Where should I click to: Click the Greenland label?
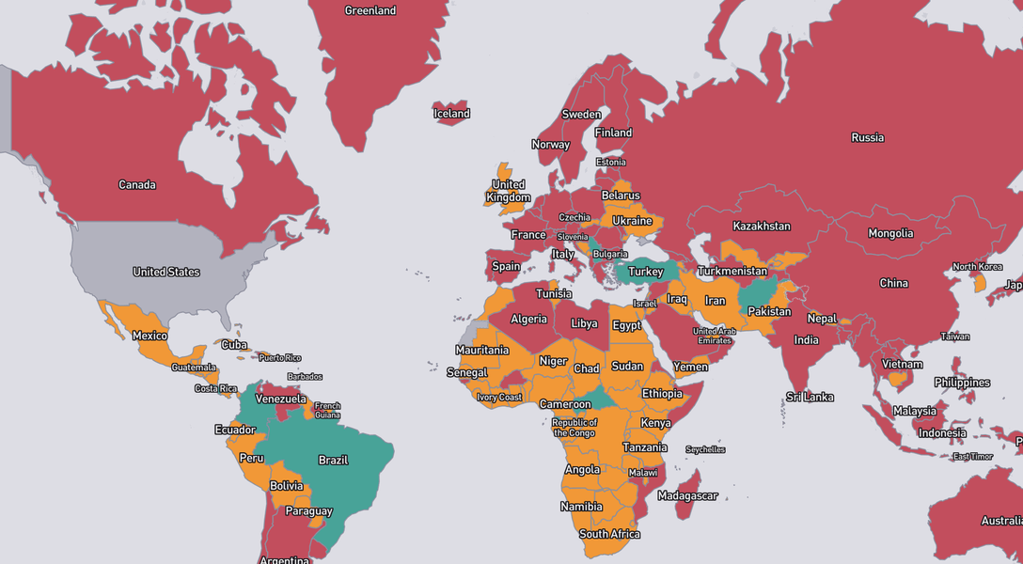(x=370, y=11)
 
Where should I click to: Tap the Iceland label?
(x=451, y=114)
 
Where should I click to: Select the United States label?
(x=166, y=273)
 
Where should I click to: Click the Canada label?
(x=137, y=185)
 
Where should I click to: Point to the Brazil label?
(x=333, y=461)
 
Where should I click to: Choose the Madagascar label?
(x=687, y=496)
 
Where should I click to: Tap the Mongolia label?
(x=890, y=234)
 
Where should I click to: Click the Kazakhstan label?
(x=762, y=227)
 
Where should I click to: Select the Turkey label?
(x=646, y=272)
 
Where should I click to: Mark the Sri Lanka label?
(x=810, y=398)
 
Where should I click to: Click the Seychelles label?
(x=705, y=450)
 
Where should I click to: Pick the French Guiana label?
(x=327, y=411)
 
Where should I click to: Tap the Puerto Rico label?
(x=279, y=358)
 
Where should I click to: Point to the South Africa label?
(x=609, y=535)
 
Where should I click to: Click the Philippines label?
(x=962, y=384)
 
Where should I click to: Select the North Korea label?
(x=978, y=267)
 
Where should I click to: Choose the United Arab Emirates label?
(x=715, y=336)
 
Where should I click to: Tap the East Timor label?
(x=973, y=457)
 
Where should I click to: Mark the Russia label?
(x=867, y=138)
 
